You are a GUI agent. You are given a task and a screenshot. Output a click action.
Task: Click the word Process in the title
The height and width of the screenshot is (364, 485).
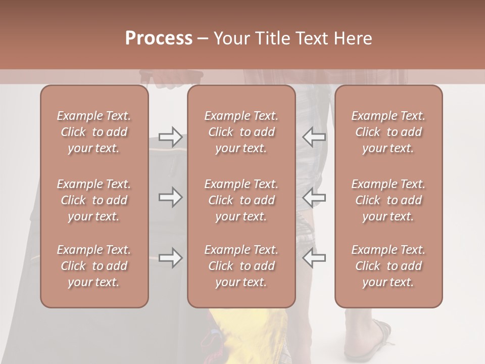coord(159,38)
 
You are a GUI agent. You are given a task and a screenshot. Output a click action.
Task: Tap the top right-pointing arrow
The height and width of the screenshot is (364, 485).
coord(170,137)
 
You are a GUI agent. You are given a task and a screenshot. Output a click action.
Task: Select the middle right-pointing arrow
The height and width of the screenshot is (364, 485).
coord(170,197)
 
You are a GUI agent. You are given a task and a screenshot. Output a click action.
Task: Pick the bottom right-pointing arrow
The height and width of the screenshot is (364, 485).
coord(170,258)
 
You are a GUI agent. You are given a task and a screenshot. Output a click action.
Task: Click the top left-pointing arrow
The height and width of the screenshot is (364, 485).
coord(314,137)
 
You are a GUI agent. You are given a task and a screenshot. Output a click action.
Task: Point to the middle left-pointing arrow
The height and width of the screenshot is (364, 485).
coord(314,197)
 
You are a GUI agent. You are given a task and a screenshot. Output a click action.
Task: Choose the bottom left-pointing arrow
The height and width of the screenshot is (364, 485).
coord(314,258)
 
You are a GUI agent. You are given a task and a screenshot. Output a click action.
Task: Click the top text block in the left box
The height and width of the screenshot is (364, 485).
coord(94,132)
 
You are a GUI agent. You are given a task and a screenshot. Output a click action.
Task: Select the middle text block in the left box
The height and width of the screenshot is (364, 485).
coord(94,200)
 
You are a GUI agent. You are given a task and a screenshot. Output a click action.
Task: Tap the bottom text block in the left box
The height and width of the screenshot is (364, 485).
coord(94,266)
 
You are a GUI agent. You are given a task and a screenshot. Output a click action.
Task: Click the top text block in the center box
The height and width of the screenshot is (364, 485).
coord(241,132)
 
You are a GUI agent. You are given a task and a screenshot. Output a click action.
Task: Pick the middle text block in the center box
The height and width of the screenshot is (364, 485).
coord(241,200)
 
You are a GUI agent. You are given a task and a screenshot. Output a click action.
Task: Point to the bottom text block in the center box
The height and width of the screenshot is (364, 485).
coord(241,266)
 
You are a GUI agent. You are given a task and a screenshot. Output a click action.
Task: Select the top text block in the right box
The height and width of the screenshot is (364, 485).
coord(389,132)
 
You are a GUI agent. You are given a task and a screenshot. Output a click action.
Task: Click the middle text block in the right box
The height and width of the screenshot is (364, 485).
coord(389,200)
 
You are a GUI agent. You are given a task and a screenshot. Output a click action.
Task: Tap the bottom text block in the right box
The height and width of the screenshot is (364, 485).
coord(389,266)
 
